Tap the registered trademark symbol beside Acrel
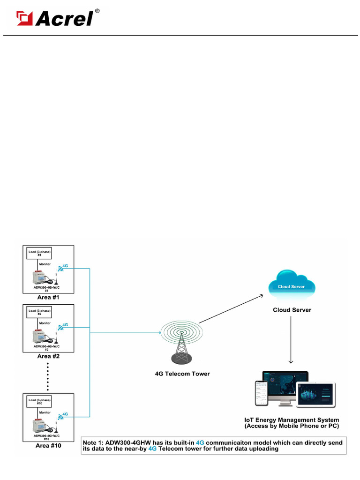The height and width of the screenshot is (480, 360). [97, 10]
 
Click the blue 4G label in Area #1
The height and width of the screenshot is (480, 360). [65, 266]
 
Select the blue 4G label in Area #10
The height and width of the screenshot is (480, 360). [65, 414]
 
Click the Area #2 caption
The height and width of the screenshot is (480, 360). [48, 356]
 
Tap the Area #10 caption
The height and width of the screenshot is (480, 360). [48, 446]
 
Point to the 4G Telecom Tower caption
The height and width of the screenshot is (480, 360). [182, 374]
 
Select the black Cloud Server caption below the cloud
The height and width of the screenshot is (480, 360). [292, 310]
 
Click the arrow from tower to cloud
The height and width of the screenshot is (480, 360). [230, 309]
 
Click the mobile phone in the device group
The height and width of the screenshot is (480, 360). [261, 393]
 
